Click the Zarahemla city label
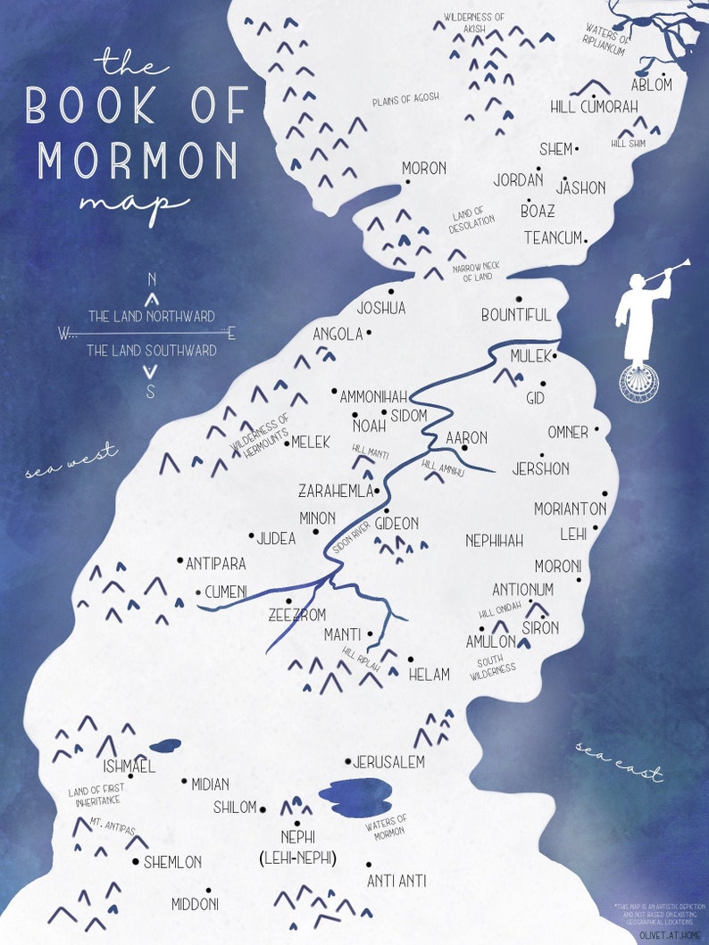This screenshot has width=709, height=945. pos(333,491)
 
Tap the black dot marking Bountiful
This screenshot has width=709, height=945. pos(519,300)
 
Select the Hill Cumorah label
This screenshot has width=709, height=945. pos(594,107)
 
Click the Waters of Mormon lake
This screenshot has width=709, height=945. pos(354,796)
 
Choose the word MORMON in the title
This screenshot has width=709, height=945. pos(138,161)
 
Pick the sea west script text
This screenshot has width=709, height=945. pos(71,461)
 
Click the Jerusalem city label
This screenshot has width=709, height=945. pos(388,762)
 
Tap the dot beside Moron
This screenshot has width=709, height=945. pos(408,182)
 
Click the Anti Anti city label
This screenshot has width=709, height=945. pos(396,881)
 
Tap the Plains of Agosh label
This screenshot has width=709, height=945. pos(405,99)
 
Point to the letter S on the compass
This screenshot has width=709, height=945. pos(151,390)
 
